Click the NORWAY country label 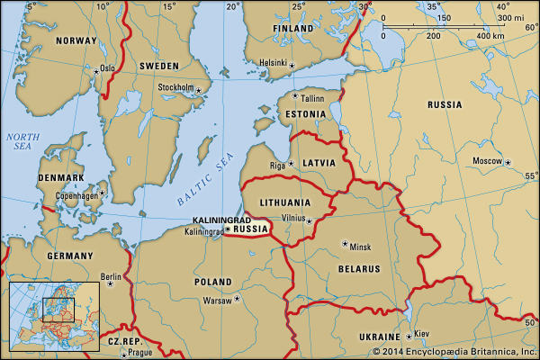[x=76, y=40]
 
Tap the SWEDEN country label [x=158, y=66]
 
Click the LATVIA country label [x=319, y=163]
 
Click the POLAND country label [x=213, y=282]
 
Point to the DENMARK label [x=61, y=178]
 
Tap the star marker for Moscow [x=508, y=162]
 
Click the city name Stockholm [x=176, y=87]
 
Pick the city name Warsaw [x=217, y=300]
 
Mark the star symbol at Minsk [x=345, y=243]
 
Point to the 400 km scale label [x=490, y=36]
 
